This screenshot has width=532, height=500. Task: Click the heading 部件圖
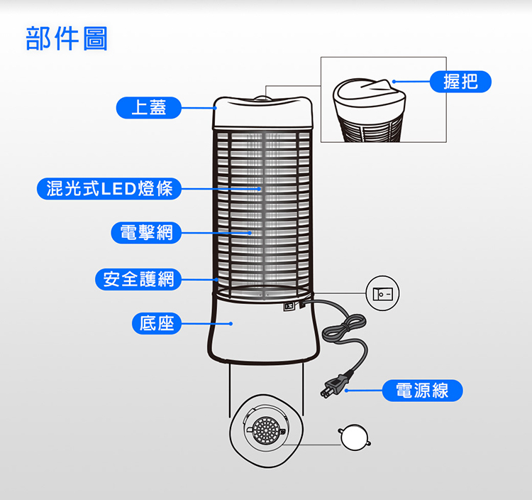pos(67,38)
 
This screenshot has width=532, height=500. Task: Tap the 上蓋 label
pos(149,108)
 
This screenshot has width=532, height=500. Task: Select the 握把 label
pos(460,82)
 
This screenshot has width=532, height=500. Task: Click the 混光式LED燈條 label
pos(109,188)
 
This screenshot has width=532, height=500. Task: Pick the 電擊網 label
pos(146,233)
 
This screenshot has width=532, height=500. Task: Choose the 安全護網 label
pos(138,279)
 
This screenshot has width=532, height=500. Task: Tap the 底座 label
pos(157,323)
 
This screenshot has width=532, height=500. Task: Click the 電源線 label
pos(423,391)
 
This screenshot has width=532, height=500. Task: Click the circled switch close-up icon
pos(383,293)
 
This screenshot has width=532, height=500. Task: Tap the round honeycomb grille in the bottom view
pos(266,430)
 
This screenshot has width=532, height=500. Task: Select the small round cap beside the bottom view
pos(354,437)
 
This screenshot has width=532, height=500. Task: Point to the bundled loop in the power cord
pos(343,328)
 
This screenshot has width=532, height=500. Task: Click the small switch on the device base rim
pos(289,306)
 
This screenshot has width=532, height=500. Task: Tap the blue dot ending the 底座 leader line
pos(231,324)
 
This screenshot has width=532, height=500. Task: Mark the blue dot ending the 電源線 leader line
pos(346,391)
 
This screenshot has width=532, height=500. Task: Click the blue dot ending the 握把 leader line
pos(394,82)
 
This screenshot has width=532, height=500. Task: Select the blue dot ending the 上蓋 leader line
pos(215,108)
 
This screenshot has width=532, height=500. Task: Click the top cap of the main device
pos(263,113)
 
